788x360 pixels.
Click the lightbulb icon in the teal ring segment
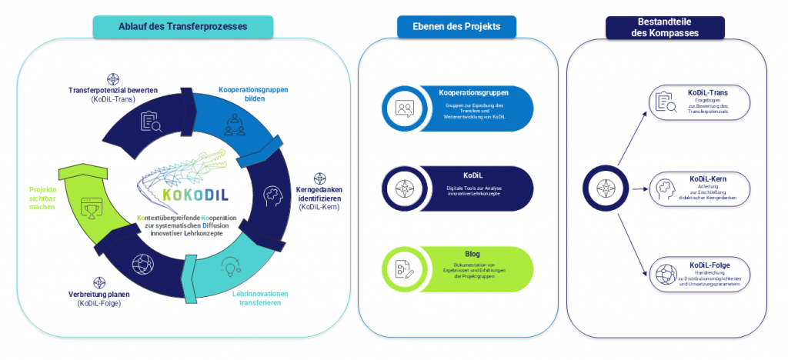point(229,266)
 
